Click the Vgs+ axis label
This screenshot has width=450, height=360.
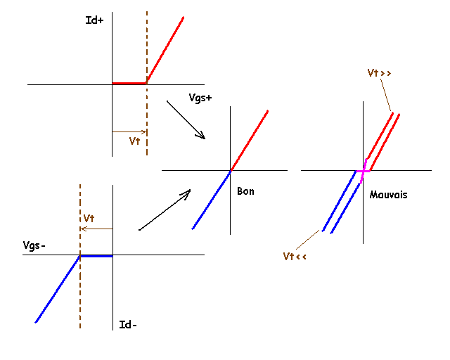point(200,98)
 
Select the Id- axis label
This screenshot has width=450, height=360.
point(128,324)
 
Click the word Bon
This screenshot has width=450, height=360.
point(245,191)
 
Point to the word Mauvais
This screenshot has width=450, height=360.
point(388,194)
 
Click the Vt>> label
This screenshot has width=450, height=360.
point(380,72)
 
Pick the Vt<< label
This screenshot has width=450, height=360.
point(295,257)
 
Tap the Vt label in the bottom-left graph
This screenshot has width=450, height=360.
point(89,218)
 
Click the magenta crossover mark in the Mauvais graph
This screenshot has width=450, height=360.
point(363,171)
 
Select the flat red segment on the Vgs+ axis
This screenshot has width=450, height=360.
point(129,83)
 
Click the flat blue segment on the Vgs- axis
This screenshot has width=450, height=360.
point(96,255)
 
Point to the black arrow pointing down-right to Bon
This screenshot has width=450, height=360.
point(186,120)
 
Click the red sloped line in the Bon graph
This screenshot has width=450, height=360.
point(250,140)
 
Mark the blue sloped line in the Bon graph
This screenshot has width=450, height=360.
point(211,200)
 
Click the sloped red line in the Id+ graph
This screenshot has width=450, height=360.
point(165,49)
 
